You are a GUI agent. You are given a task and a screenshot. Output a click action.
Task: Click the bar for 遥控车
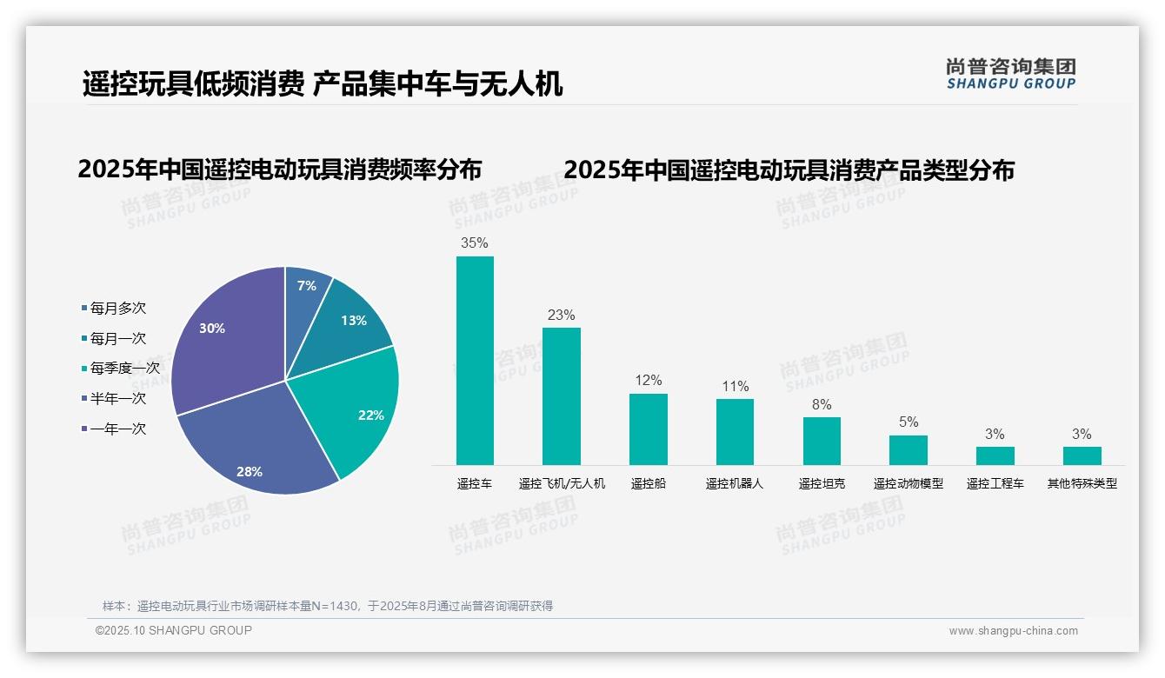pos(475,360)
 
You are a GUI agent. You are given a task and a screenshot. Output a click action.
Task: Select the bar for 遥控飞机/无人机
pos(561,395)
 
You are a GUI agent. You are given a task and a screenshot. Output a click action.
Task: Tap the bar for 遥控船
pos(649,429)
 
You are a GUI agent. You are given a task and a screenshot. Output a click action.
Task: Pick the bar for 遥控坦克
pos(822,441)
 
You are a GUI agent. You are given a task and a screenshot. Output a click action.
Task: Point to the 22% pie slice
pos(356,409)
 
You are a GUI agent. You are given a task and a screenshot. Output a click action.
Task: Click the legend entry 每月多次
pos(117,308)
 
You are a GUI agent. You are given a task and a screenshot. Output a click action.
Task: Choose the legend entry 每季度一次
pos(124,368)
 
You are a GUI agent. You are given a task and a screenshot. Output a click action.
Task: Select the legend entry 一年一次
pos(117,429)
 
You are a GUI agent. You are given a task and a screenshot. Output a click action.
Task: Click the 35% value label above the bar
pos(474,243)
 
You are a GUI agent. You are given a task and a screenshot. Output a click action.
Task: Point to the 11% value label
pos(735,386)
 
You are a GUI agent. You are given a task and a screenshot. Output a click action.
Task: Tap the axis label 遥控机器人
pos(735,483)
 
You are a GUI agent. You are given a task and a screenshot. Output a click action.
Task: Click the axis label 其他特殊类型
pos(1082,483)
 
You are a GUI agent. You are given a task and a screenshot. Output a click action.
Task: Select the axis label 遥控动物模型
pos(909,483)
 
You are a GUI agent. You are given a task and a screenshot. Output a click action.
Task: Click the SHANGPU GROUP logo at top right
pos(1011,74)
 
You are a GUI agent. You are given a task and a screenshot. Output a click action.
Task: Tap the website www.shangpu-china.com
pos(1013,631)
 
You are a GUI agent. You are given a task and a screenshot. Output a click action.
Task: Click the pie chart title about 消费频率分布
pos(279,169)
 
